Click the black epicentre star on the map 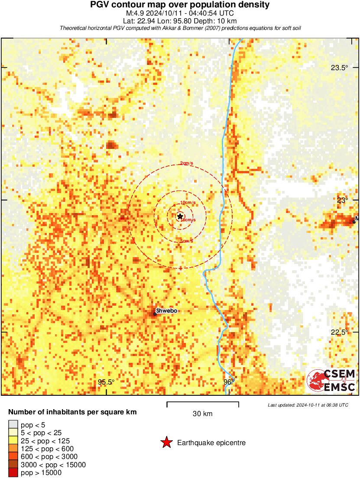click(180, 216)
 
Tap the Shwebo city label click(167, 311)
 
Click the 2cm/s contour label click(187, 163)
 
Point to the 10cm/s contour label click(188, 203)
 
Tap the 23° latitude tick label click(343, 200)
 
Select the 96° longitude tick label click(228, 382)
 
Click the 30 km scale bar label click(202, 413)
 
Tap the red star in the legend click(166, 442)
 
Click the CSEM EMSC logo click(331, 381)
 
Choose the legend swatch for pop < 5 click(13, 424)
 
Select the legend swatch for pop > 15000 click(13, 473)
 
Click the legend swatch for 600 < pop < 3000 click(13, 457)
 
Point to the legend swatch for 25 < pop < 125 click(13, 440)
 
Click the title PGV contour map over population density click(180, 5)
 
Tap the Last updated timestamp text click(308, 405)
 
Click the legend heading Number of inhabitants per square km click(73, 412)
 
